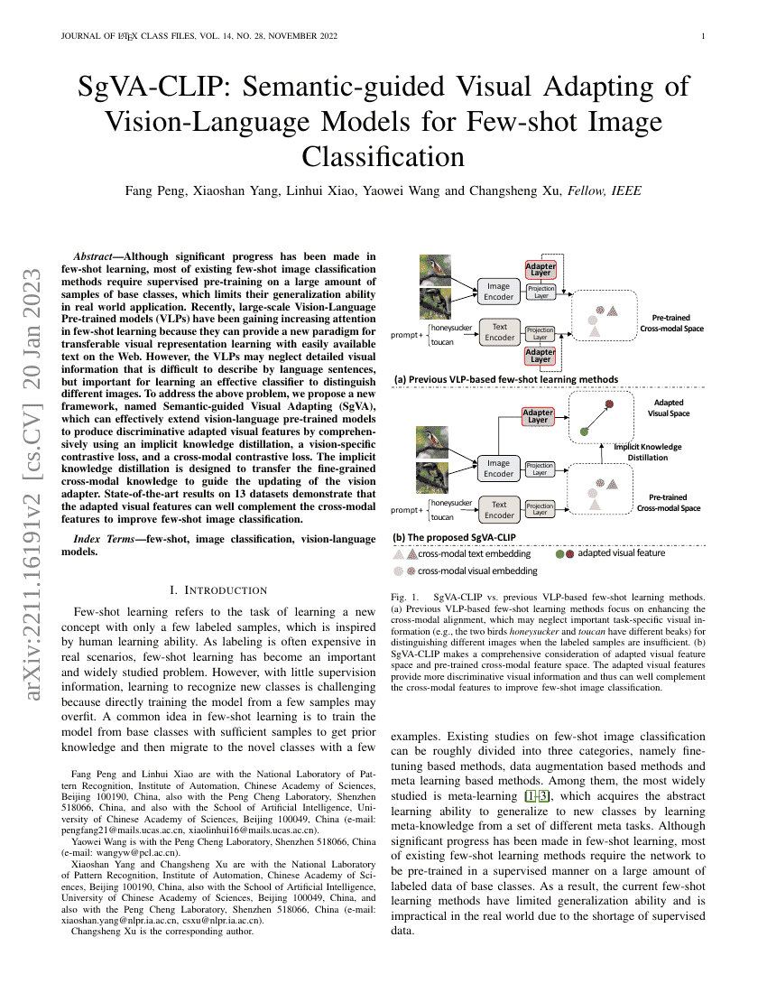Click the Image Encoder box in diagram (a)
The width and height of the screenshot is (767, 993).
tap(499, 292)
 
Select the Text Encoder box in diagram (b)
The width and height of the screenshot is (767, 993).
tap(499, 510)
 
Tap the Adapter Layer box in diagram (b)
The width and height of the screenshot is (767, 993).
tap(538, 415)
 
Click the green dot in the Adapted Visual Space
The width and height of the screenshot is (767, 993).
tap(584, 432)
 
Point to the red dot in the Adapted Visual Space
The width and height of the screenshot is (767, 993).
tap(608, 404)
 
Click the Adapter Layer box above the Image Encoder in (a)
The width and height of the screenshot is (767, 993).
tap(541, 268)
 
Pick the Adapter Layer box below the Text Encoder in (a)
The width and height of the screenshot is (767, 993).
tap(541, 355)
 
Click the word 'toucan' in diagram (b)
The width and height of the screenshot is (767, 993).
tap(442, 517)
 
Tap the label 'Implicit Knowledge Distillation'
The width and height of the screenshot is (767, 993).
tap(648, 452)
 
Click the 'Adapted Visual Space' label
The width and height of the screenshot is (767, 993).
tap(668, 408)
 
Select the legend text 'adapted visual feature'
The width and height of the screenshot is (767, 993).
tap(621, 553)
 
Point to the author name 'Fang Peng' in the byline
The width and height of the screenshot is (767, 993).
tap(152, 190)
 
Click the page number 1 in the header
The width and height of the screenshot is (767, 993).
tap(702, 36)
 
